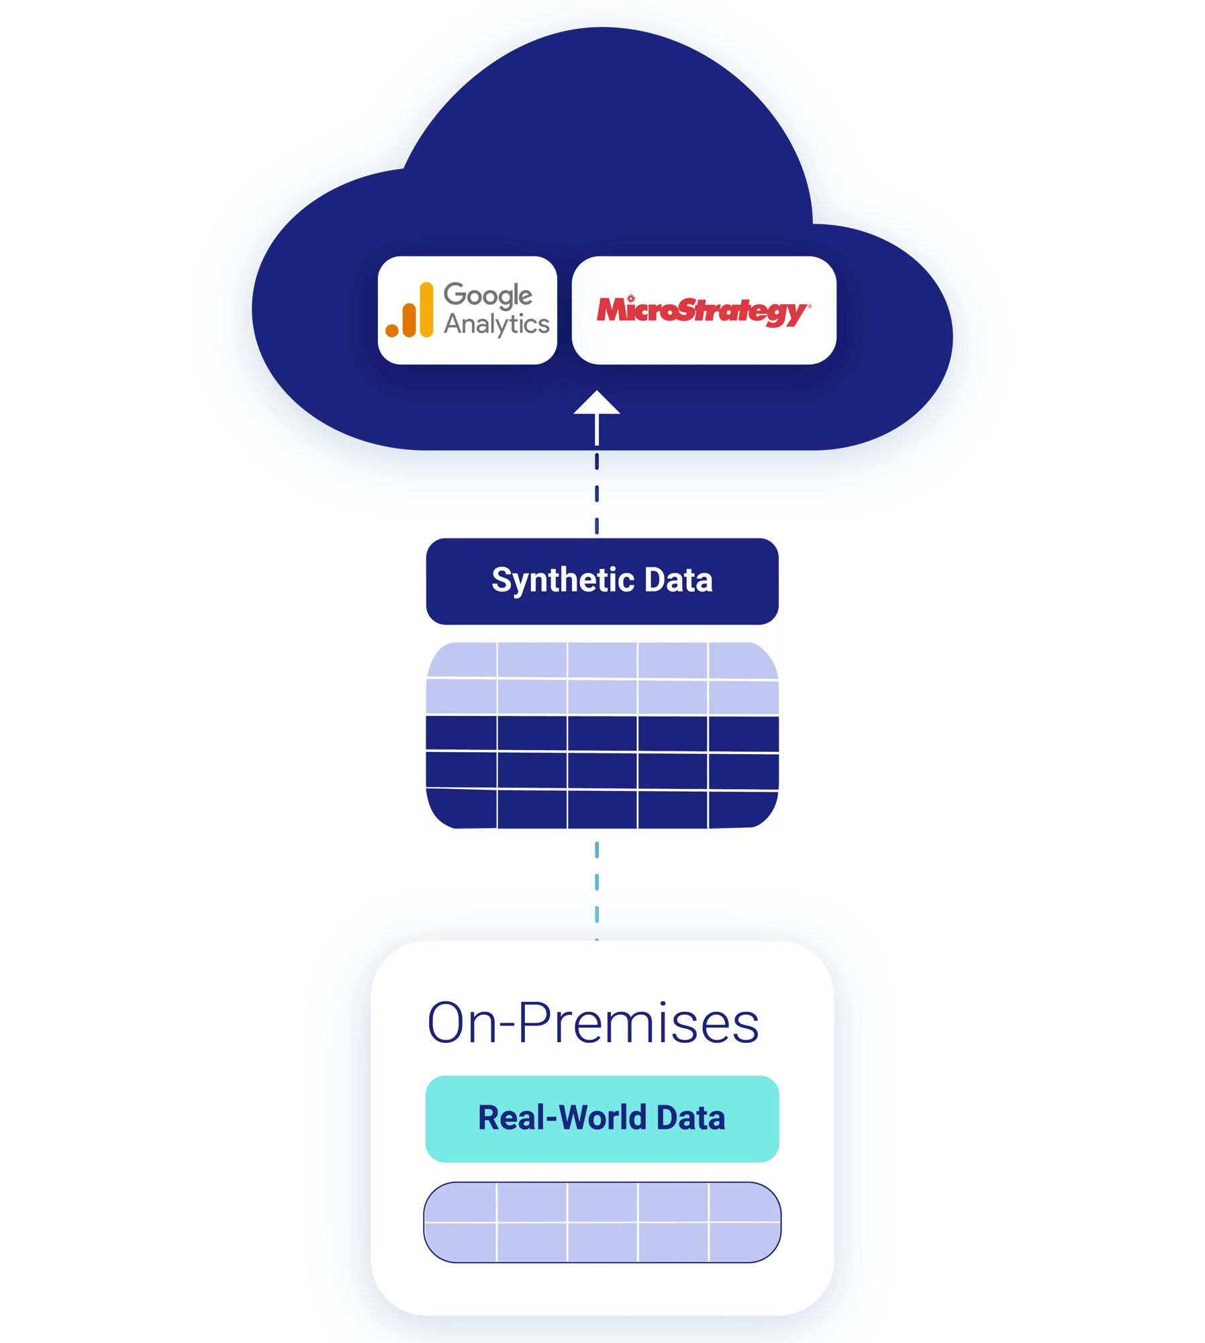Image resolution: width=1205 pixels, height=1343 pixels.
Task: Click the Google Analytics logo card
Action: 467,310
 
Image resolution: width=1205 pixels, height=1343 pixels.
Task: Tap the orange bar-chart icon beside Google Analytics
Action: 410,310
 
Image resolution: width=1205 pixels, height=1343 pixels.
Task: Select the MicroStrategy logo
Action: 704,311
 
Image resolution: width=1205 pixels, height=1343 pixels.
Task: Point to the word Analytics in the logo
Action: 497,324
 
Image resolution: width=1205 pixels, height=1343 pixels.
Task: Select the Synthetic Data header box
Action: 602,581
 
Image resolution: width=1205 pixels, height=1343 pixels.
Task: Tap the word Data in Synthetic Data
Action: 678,580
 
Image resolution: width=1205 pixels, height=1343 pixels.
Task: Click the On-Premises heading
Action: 593,1023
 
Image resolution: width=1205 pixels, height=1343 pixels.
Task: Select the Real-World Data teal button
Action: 602,1119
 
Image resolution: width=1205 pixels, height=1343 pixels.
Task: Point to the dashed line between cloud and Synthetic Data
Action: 597,494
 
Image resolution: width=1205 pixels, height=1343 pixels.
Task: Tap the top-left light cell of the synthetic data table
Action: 463,660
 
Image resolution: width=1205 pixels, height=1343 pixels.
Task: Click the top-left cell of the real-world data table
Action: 462,1203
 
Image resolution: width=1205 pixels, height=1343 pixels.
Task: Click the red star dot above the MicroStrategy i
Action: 630,297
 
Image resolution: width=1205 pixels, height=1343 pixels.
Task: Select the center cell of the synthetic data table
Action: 602,733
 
